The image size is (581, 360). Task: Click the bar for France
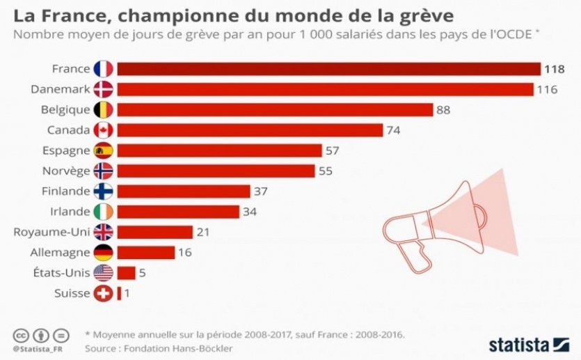[328, 69]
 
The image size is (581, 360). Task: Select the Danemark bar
[324, 89]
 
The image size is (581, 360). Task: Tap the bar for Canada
[250, 130]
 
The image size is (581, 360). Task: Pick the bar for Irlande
[178, 212]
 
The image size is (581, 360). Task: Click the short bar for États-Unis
[126, 273]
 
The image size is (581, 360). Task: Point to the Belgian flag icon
[103, 110]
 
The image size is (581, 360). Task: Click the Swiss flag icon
[103, 293]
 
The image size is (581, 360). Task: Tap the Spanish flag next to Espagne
[103, 150]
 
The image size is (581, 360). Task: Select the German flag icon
[103, 252]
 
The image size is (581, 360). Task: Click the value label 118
[555, 69]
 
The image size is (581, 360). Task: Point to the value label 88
[444, 110]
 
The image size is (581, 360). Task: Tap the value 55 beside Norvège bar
[326, 171]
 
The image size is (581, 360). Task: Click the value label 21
[204, 232]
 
